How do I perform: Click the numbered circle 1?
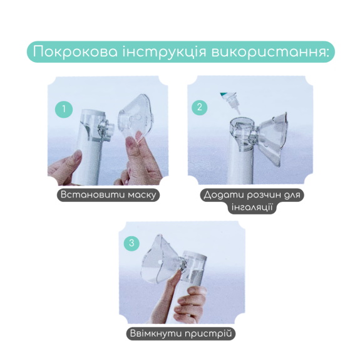click(63, 108)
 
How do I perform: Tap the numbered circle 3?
click(131, 242)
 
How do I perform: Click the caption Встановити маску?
click(108, 195)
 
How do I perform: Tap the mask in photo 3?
click(158, 258)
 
